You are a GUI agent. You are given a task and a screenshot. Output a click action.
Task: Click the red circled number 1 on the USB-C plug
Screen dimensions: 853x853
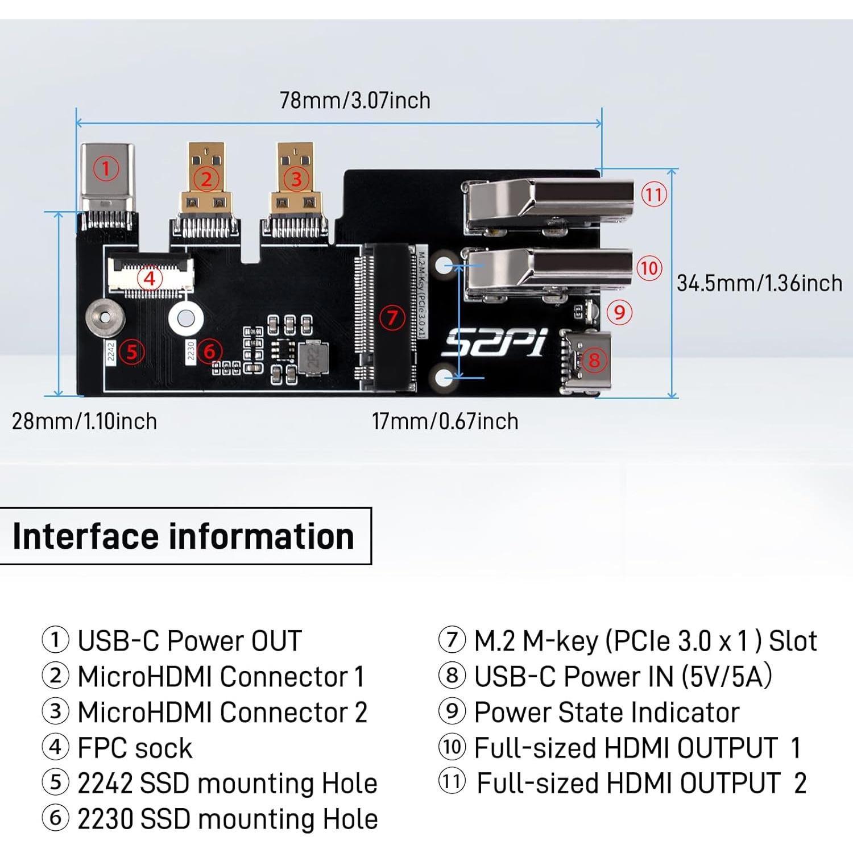106,169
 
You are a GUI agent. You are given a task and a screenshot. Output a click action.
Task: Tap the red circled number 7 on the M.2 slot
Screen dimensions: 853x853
392,317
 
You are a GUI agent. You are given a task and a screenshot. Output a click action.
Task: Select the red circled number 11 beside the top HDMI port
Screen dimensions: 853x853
654,195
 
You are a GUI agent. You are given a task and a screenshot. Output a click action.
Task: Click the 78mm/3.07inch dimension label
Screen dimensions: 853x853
355,101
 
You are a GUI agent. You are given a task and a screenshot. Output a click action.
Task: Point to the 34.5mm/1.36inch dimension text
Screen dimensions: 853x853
759,283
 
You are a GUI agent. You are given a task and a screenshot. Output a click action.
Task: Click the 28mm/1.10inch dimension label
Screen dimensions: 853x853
84,421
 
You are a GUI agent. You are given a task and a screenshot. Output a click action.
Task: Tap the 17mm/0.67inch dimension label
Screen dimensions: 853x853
445,421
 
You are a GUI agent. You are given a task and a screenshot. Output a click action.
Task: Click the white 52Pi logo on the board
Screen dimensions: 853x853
494,343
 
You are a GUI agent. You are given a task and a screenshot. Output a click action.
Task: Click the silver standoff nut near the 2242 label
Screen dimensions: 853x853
106,317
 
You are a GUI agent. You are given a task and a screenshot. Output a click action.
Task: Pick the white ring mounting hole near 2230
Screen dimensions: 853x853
185,318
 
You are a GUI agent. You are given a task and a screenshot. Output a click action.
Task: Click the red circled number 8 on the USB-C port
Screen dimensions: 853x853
594,360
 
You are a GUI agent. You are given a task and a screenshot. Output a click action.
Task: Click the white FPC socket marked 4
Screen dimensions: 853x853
150,276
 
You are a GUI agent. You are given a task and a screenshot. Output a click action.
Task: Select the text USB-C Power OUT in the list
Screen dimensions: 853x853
189,641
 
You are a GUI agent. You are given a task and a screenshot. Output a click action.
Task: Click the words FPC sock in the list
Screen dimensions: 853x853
135,748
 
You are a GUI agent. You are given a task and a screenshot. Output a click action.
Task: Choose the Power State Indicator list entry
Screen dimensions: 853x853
606,713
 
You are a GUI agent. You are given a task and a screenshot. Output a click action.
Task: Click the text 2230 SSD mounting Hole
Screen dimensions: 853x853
227,819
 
